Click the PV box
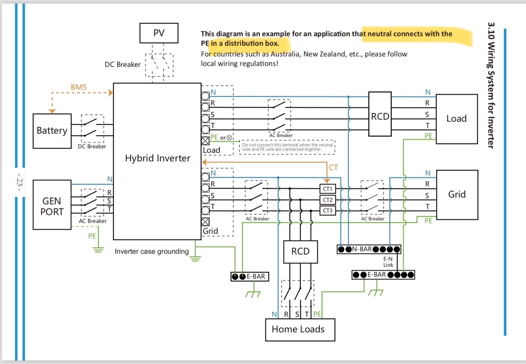tap(159, 33)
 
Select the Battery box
tap(52, 131)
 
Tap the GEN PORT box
tap(52, 205)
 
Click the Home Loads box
tap(300, 330)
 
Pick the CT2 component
tap(328, 200)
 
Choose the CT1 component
tap(328, 189)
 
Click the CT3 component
tap(328, 211)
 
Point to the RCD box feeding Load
tap(380, 114)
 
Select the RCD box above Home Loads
tap(301, 252)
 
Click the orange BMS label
tap(79, 87)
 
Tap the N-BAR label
tap(362, 249)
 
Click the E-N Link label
tap(388, 262)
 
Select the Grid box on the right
tap(457, 195)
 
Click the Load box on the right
tap(457, 119)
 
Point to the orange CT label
tap(333, 168)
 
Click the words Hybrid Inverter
tap(158, 158)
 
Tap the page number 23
tap(20, 182)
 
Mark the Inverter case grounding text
tap(152, 252)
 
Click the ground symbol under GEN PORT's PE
tap(98, 250)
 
